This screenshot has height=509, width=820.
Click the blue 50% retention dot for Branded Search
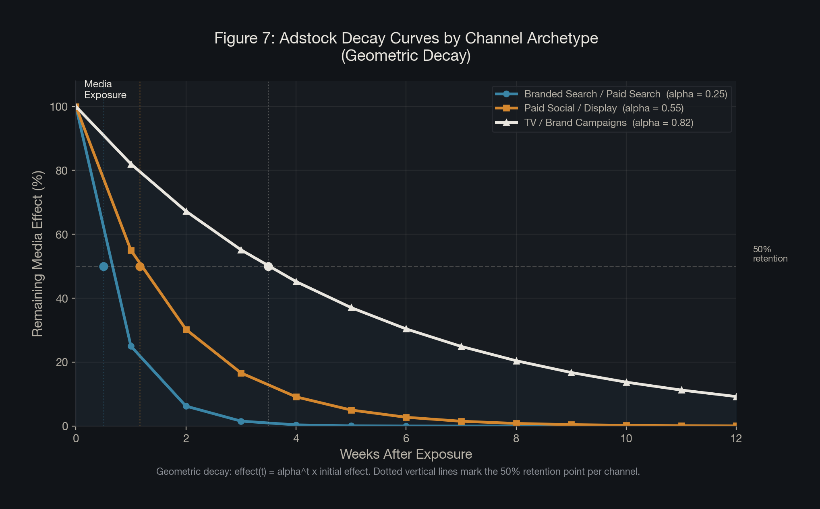coord(104,266)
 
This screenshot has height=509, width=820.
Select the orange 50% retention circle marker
coord(140,266)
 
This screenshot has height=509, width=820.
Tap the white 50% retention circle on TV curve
coord(268,266)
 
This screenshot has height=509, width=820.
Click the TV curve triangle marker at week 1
coord(131,164)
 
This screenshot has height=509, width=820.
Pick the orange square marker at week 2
coord(186,330)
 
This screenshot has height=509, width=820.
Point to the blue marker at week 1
coord(131,346)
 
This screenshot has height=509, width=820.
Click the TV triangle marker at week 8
coord(516,361)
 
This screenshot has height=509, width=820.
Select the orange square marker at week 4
coord(296,397)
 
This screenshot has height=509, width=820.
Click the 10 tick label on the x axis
coord(626,439)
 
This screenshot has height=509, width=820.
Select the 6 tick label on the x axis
coord(406,439)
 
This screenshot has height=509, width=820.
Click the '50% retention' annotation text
coord(770,254)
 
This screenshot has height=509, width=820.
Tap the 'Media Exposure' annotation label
coord(105,89)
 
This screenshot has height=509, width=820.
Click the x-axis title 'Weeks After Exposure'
coord(406,454)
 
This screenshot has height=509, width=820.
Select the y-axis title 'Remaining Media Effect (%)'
coord(37,253)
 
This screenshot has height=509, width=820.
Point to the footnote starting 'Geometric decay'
coord(398,472)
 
